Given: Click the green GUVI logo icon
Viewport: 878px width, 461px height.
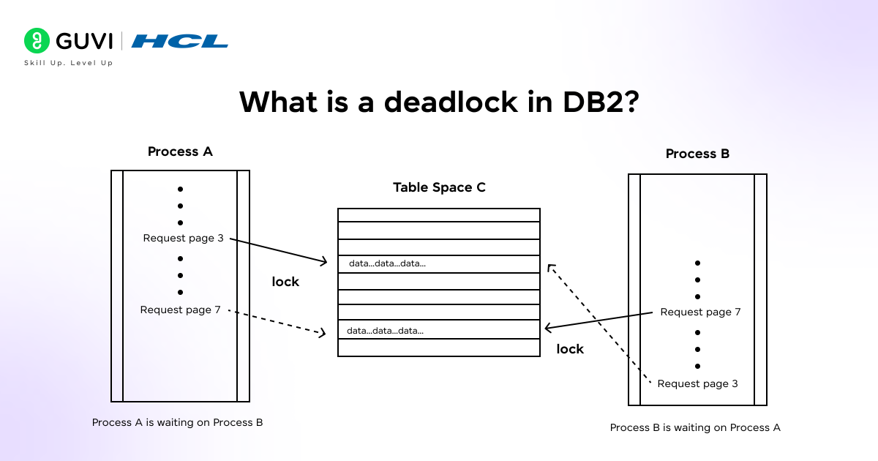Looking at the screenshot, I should tap(36, 40).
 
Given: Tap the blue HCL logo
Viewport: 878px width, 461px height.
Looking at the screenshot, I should tap(180, 41).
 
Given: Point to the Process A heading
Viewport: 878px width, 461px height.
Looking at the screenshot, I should tap(180, 151).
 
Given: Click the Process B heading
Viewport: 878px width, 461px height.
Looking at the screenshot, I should tap(697, 154).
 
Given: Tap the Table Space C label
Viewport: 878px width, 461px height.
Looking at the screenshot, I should tap(439, 187).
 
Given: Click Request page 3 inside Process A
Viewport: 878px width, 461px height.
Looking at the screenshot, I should tap(183, 238).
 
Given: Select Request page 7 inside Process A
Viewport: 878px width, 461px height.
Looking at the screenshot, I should tap(180, 310).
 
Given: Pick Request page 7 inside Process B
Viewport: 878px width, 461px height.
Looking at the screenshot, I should tap(700, 312).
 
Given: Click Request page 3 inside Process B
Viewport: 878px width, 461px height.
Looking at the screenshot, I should tap(697, 383).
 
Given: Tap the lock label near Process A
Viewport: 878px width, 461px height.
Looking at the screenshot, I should tap(285, 282).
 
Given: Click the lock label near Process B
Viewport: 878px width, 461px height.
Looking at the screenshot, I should tap(570, 349).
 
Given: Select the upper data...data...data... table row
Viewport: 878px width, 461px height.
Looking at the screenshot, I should tap(439, 263).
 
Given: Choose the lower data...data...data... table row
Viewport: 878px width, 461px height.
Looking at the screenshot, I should tap(439, 331).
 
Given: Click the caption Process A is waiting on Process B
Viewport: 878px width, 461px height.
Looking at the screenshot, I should tap(177, 422).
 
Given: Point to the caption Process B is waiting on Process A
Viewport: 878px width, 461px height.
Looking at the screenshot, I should tap(695, 427).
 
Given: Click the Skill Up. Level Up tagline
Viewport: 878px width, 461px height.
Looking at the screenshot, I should tap(69, 63).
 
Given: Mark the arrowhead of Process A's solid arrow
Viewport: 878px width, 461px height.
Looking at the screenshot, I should tap(323, 261).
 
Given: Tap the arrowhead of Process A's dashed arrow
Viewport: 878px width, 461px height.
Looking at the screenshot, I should tap(321, 333).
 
